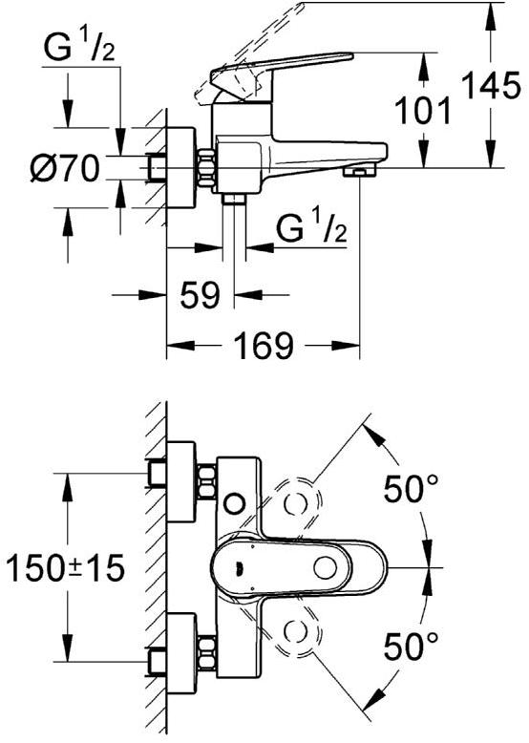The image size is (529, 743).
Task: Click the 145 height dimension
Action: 491,86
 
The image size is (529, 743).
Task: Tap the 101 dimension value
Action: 423,111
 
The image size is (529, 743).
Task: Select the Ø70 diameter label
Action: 65,168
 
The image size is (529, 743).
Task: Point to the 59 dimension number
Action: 200,294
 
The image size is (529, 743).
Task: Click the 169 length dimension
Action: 264,345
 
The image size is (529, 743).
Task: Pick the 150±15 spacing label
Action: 65,567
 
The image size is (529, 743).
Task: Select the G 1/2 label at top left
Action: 79,49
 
